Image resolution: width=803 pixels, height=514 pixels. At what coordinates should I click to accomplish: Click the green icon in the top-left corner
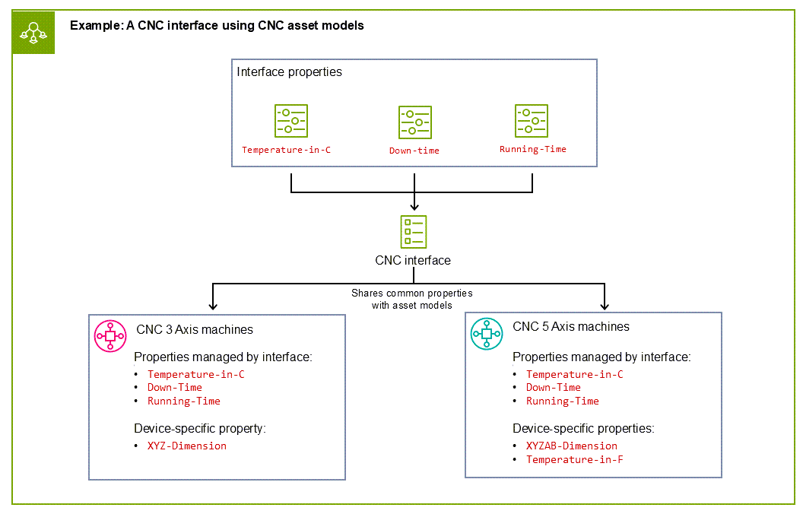point(33,33)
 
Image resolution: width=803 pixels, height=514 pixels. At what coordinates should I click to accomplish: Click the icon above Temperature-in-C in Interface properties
point(290,121)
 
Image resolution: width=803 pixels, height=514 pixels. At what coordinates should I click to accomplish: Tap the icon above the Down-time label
point(414,122)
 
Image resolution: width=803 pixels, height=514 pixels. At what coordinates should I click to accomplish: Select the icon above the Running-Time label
point(531,121)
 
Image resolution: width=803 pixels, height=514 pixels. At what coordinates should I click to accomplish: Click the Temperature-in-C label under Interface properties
point(286,150)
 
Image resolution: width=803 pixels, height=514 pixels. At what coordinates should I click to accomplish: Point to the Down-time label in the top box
point(414,151)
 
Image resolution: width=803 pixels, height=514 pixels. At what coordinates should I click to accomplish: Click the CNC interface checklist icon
point(413,230)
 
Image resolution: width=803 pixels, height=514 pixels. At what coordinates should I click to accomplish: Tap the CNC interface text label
point(413,260)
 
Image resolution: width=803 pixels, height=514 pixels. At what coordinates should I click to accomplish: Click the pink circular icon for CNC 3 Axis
point(110,335)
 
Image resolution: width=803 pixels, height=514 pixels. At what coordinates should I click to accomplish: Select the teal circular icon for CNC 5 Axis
point(487,333)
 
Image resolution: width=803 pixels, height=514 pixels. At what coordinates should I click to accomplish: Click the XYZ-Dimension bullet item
point(187,446)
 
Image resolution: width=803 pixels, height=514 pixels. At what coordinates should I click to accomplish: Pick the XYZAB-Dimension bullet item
point(571,446)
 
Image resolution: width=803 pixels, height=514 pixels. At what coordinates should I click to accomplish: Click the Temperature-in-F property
point(574,459)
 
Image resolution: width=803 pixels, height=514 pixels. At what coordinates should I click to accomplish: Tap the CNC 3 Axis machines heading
point(195,329)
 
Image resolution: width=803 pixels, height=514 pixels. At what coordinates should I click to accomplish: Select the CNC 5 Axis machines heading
point(571,327)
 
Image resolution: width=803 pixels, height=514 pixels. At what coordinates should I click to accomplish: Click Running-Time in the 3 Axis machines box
point(183,401)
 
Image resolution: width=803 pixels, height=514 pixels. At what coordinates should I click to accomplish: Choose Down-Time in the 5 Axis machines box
point(554,387)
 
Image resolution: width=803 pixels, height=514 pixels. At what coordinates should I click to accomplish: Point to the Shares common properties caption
point(411,299)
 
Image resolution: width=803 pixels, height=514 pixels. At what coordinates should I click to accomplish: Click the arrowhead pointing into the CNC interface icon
point(414,205)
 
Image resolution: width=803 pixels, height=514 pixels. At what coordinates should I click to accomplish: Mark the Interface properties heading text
point(289,72)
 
